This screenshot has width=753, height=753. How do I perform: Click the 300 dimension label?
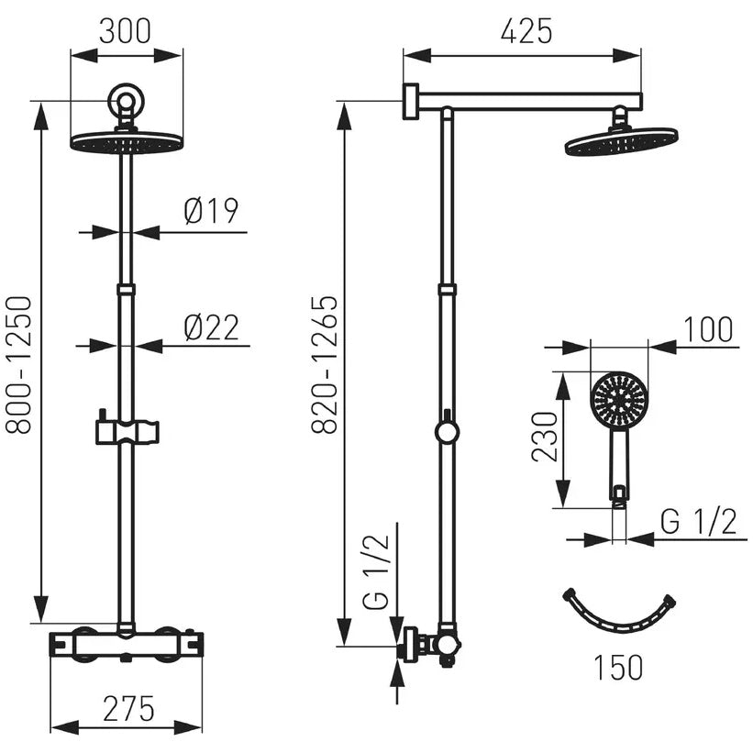(x=125, y=31)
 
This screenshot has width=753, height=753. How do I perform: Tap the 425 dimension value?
(x=526, y=31)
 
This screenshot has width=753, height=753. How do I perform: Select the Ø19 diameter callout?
(x=211, y=211)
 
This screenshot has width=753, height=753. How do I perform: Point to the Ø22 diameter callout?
(x=211, y=327)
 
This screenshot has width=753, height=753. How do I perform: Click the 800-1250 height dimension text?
(x=18, y=365)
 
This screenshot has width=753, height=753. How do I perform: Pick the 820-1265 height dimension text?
(x=325, y=365)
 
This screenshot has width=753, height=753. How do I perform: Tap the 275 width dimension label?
(x=128, y=708)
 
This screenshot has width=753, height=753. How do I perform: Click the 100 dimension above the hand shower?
(x=708, y=329)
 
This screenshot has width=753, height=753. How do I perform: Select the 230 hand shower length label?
(x=545, y=437)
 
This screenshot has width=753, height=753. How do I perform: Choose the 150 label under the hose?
(x=618, y=667)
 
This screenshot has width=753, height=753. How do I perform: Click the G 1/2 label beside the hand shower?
(x=698, y=521)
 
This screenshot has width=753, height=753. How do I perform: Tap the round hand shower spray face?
(x=619, y=399)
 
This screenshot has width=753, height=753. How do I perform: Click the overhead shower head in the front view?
(x=127, y=142)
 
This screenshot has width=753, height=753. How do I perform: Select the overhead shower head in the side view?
(x=622, y=141)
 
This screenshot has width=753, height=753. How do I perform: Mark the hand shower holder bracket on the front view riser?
(x=127, y=430)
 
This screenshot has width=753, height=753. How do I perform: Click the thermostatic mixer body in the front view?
(x=127, y=645)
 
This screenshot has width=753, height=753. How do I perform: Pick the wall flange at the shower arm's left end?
(x=411, y=101)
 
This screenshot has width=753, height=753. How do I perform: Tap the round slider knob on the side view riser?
(x=447, y=432)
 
